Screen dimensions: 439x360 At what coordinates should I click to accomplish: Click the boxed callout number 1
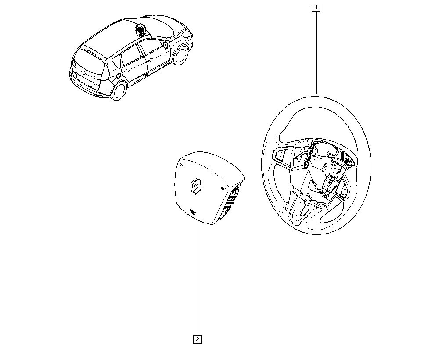tap(316, 7)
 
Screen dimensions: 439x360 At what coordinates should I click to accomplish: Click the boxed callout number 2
tap(198, 339)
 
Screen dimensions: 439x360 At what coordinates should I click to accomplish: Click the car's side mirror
tap(166, 45)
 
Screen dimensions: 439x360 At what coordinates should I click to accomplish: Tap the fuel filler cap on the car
tap(119, 76)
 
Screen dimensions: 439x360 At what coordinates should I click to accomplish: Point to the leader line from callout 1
tap(316, 53)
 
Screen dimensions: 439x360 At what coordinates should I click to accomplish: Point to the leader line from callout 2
tap(198, 279)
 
